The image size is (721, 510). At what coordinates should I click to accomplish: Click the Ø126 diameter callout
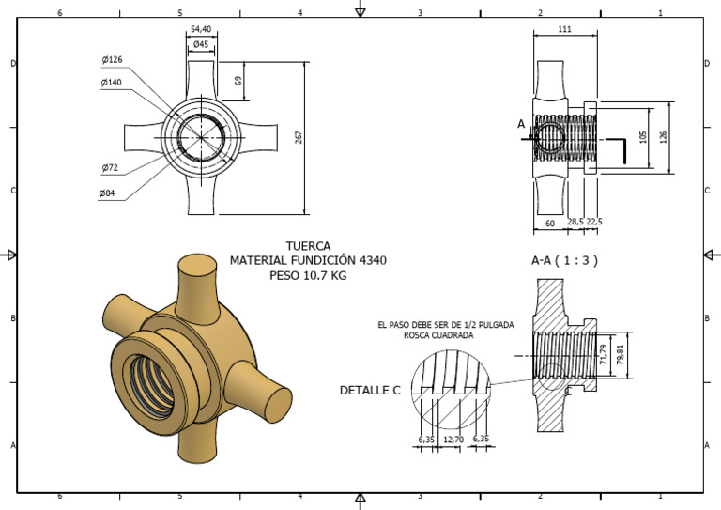(x=113, y=60)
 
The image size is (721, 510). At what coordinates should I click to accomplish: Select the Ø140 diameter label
(x=113, y=83)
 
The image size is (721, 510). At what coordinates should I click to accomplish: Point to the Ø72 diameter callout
(x=110, y=168)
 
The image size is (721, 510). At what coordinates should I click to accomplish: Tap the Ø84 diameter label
(x=107, y=193)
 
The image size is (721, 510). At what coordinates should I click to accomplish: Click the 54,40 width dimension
(x=200, y=29)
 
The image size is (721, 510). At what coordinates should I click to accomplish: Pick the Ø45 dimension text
(x=200, y=44)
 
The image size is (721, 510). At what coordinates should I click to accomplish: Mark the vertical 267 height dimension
(x=299, y=137)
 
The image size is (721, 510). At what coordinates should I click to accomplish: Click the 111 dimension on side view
(x=564, y=30)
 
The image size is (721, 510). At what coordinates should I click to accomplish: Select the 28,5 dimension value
(x=575, y=223)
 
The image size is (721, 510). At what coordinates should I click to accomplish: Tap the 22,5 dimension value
(x=595, y=223)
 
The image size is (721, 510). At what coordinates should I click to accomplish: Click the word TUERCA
(x=308, y=246)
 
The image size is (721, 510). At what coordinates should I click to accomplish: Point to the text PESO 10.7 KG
(x=308, y=276)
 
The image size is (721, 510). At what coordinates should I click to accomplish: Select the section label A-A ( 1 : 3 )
(x=564, y=260)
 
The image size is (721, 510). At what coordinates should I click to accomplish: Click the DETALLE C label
(x=371, y=390)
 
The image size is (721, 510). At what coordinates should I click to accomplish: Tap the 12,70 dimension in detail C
(x=454, y=439)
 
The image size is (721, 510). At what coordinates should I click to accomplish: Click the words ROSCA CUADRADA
(x=437, y=335)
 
